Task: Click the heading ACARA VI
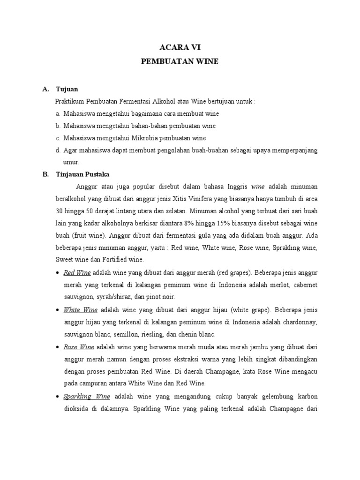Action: click(x=180, y=47)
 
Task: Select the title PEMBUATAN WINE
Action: click(x=180, y=62)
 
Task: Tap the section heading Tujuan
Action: click(x=67, y=89)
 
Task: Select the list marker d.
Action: click(x=58, y=150)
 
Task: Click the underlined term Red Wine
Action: click(x=77, y=272)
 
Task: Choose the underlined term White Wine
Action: click(x=80, y=310)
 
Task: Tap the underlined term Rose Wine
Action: click(x=79, y=347)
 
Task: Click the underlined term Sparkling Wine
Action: click(x=83, y=396)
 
